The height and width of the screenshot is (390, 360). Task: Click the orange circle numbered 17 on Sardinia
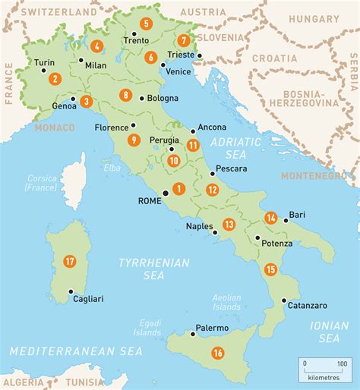point(70,262)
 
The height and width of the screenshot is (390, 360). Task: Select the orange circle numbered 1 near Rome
point(179,189)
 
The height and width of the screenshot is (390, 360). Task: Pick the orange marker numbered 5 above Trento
point(145,24)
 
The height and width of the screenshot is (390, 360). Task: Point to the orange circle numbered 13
point(229,224)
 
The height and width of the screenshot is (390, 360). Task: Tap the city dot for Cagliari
point(70,291)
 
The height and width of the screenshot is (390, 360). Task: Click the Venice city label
point(178,71)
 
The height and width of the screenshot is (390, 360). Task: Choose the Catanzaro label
point(307,305)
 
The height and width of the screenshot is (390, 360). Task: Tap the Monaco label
point(55,127)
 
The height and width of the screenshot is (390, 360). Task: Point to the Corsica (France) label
point(40,181)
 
